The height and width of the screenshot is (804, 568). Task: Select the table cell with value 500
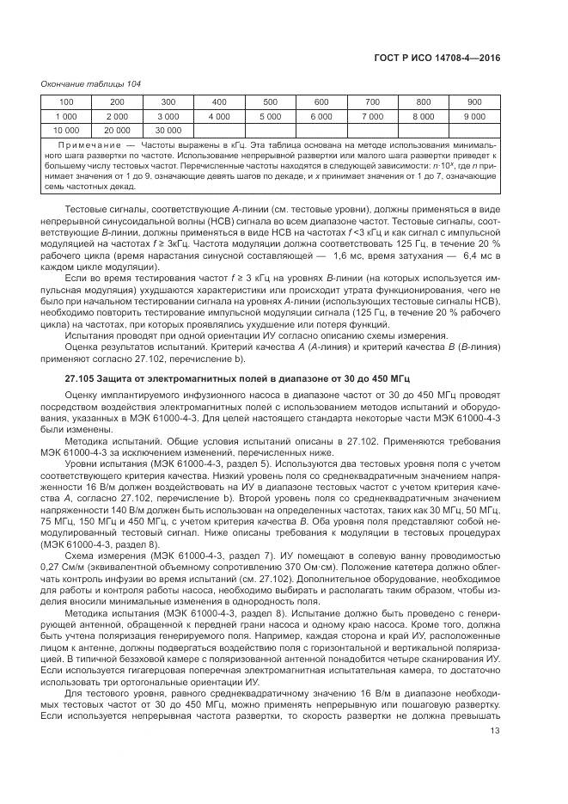pos(270,102)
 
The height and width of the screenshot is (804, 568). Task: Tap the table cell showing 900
pos(474,102)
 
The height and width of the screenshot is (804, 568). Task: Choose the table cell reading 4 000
pos(219,116)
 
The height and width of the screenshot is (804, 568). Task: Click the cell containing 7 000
pos(372,116)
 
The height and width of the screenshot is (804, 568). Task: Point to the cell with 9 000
pos(474,116)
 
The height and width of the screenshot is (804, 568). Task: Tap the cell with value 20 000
pos(117,130)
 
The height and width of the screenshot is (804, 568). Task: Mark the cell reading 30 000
pos(168,130)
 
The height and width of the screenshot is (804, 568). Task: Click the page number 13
pos(495,731)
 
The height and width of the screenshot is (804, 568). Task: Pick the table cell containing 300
pos(168,102)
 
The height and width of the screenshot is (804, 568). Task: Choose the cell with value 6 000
pos(321,116)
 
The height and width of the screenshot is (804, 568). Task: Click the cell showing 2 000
pos(117,116)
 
